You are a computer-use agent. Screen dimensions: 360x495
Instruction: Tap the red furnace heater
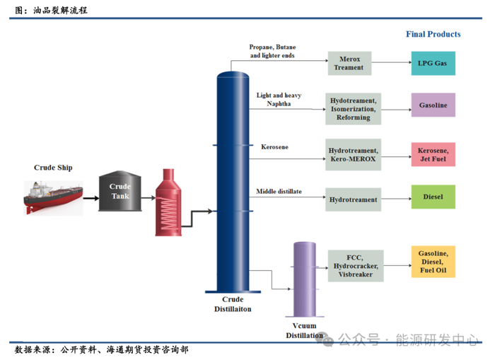[x=168, y=202]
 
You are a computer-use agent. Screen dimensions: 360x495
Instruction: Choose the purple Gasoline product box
[x=433, y=105]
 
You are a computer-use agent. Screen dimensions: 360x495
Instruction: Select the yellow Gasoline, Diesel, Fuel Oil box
[x=433, y=261]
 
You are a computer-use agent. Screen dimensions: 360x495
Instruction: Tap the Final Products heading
[x=433, y=34]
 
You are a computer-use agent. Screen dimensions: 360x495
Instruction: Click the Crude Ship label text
[x=53, y=168]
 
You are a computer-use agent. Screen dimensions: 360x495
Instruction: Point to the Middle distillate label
[x=279, y=191]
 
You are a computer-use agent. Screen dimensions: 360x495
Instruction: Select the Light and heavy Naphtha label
[x=279, y=99]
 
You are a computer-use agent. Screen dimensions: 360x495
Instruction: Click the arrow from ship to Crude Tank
[x=90, y=198]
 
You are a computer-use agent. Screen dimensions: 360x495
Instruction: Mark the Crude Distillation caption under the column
[x=233, y=303]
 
